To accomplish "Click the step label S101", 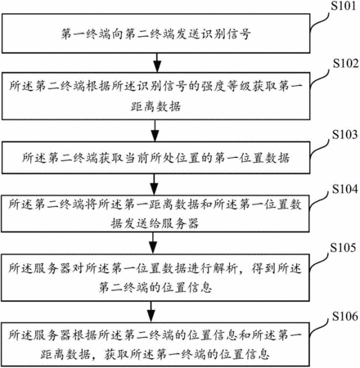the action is coord(344,6).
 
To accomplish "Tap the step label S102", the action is coord(345,63).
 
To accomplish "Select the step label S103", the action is coord(344,134).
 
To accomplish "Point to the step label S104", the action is coord(344,189).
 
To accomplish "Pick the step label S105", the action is coord(343,248).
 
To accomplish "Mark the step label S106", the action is coord(345,316).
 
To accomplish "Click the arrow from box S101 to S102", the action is coord(157,63).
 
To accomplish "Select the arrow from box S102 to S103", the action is coord(155,131).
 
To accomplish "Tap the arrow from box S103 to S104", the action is coord(155,184).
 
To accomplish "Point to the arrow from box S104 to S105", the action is coord(153,243).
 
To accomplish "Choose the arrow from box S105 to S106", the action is coord(151,312).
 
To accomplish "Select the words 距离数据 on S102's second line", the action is coord(155,106).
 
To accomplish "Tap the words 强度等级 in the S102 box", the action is coord(227,86).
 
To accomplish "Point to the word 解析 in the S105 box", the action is coord(226,268).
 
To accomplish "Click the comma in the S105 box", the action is coord(243,272).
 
